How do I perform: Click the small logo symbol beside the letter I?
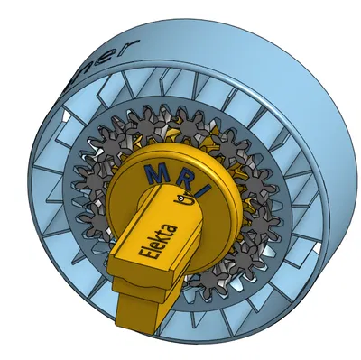pos(188,202)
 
